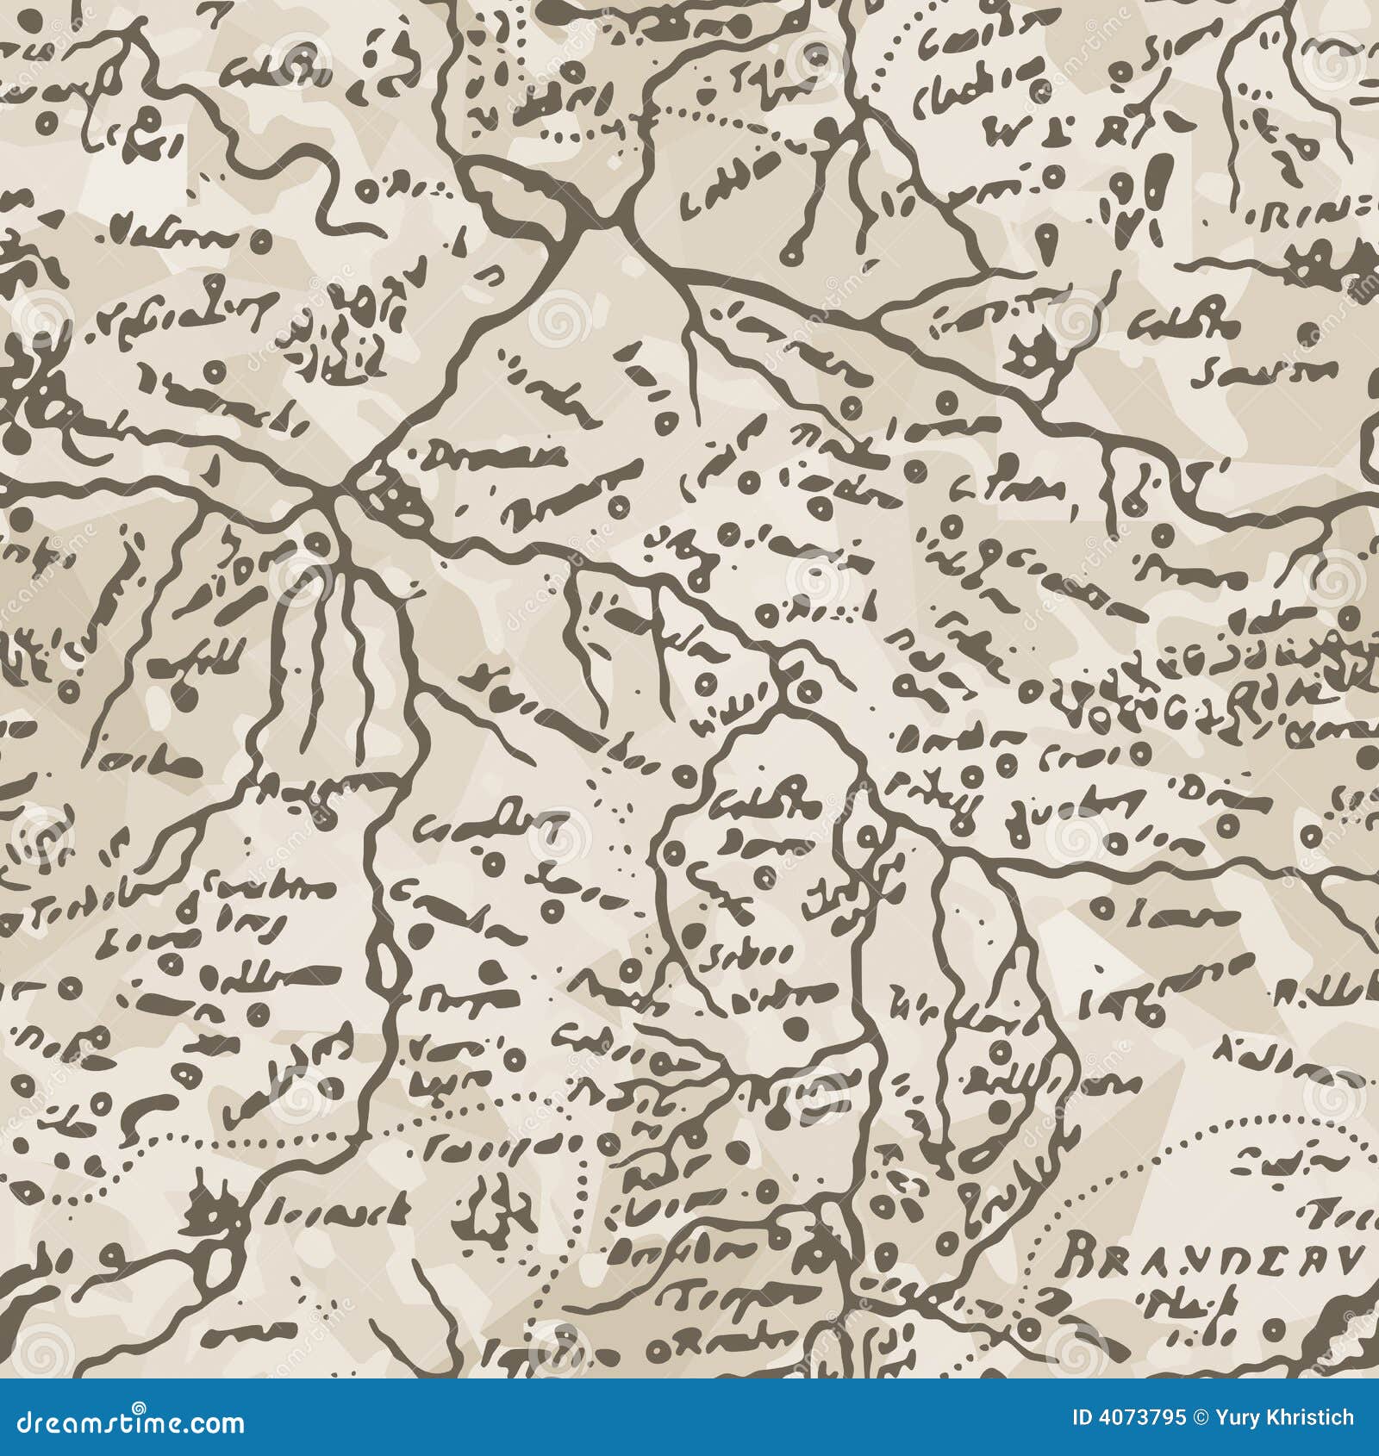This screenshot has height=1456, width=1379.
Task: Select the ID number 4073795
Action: [x=1139, y=1417]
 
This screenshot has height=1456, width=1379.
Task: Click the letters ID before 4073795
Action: [x=1083, y=1417]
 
